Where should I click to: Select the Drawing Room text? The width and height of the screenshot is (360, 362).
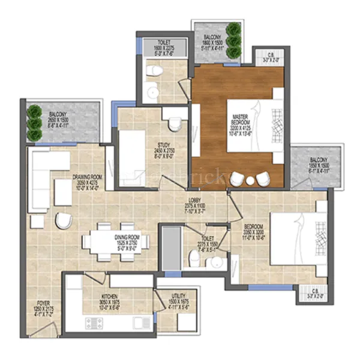[x=87, y=182]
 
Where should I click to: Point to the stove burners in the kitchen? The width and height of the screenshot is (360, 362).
[x=96, y=324]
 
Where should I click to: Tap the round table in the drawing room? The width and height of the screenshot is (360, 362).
[x=64, y=221]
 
